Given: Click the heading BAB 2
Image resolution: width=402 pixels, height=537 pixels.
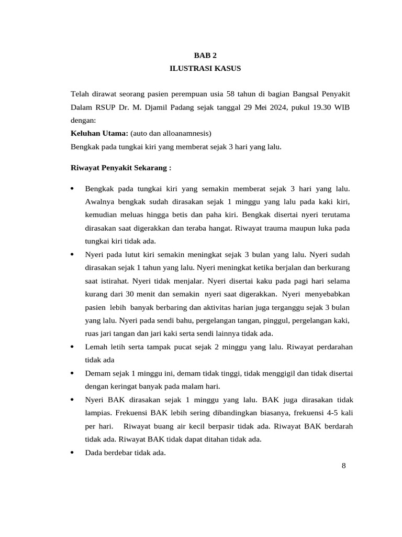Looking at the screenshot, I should click(205, 55).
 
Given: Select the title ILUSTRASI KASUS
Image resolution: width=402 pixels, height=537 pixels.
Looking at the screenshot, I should click(205, 69).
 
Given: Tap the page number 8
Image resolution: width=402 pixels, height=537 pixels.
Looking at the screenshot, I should click(343, 466).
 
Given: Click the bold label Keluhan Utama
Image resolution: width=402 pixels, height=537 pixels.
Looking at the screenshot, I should click(99, 134).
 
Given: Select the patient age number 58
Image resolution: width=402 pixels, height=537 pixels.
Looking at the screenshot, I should click(230, 94).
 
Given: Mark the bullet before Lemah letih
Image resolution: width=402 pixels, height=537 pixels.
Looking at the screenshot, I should click(73, 347).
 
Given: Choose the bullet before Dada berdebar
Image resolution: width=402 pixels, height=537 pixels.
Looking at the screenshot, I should click(73, 453).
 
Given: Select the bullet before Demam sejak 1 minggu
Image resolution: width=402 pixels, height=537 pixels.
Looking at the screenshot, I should click(73, 373).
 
